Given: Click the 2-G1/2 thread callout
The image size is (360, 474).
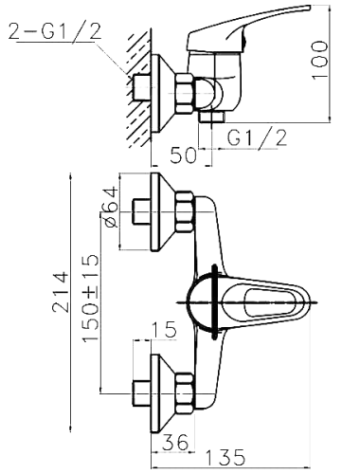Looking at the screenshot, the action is point(55,31).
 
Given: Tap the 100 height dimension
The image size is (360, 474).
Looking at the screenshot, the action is point(319,61).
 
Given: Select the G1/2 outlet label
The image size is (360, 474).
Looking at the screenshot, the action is point(257,138).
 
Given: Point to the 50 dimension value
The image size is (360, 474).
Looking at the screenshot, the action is point(183,155).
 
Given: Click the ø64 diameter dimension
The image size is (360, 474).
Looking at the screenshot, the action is point(110,207).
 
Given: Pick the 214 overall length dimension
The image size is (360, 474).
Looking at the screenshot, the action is point(60,291).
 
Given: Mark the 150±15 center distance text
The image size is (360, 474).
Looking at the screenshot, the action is point(91,298).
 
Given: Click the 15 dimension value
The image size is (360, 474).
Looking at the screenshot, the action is point(164,330).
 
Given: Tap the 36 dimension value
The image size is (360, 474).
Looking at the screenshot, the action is point(175,443).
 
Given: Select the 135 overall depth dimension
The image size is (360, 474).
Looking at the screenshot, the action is point(225,457).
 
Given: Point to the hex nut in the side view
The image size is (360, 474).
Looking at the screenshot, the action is point(184,94).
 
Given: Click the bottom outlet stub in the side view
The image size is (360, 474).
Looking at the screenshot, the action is point(212,117).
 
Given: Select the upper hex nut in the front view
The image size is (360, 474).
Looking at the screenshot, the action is point(184,211).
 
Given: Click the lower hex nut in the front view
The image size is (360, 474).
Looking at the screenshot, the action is point(184,393).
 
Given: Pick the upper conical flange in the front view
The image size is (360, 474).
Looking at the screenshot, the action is point(162,211).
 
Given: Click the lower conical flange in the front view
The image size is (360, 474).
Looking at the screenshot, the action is point(162,393).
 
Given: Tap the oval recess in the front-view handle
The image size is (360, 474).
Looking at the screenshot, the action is point(270,302).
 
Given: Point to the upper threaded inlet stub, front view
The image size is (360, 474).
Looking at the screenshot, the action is point(141,211).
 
